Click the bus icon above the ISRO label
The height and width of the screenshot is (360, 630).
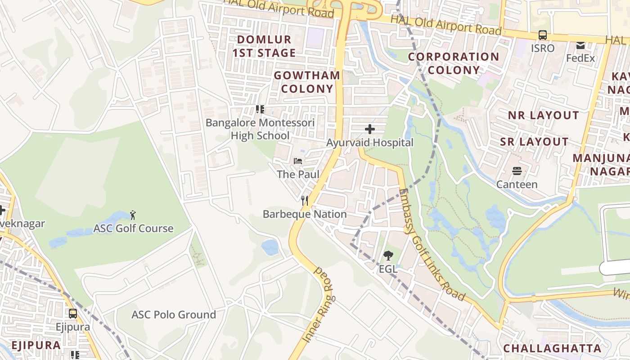pos(543,35)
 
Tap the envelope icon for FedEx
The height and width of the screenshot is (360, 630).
pos(580,45)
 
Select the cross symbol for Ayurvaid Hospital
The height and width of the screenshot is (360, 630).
pos(369,130)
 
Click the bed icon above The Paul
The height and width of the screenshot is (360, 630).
pos(298,161)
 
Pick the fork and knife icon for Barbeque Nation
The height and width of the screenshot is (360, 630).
pos(305,201)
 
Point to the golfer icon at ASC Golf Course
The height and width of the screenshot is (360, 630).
pos(133,215)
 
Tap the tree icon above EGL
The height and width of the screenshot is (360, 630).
pos(388,256)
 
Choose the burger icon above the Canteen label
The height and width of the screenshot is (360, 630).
pos(517,171)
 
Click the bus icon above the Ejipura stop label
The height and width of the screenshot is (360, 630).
pos(73,313)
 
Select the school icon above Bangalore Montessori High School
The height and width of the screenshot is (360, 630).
pos(260,109)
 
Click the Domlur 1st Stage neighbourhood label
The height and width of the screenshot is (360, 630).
pos(264,46)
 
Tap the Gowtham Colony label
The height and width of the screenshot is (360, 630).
pos(307,82)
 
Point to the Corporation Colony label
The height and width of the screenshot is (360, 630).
pos(454,63)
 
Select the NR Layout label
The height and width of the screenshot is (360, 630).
pos(543,115)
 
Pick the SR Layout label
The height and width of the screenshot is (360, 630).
pos(534,142)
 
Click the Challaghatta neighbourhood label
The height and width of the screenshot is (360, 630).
pos(552,348)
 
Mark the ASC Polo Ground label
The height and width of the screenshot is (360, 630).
pos(174,315)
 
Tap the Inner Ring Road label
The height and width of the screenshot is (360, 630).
pos(318,304)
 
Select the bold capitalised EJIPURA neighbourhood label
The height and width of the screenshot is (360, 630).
pos(36,345)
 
